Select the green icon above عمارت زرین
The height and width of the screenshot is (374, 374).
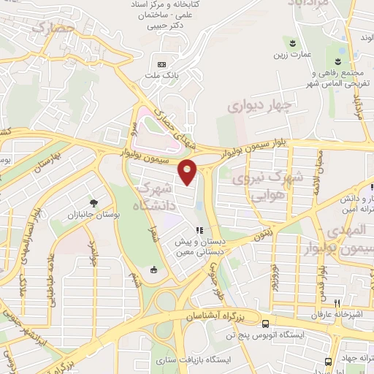coord(293,42)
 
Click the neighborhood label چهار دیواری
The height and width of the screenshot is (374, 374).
coord(259,106)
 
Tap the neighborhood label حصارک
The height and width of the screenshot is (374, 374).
coord(55,31)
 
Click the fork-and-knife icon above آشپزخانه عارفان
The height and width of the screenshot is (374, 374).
coord(337,303)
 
